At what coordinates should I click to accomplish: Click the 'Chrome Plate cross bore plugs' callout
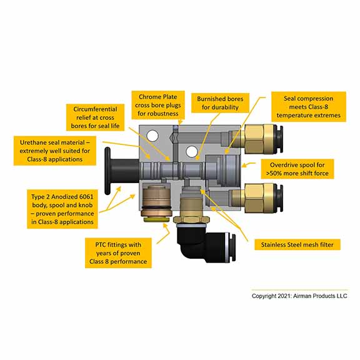[158, 105]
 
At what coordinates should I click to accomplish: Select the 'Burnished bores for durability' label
[220, 103]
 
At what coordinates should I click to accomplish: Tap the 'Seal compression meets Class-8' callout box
[309, 107]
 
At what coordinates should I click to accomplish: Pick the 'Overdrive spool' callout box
[297, 169]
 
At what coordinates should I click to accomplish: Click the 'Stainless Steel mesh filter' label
[297, 245]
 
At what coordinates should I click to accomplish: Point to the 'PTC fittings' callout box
[118, 253]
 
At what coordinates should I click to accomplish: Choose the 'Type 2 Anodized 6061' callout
[62, 209]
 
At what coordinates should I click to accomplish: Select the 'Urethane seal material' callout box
[55, 151]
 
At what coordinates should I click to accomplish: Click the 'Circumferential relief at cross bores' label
[95, 117]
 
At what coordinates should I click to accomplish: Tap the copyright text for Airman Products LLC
[299, 296]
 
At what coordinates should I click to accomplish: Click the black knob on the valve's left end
[121, 171]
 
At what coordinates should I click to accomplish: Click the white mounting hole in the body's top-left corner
[152, 136]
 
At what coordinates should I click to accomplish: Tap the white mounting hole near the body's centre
[192, 152]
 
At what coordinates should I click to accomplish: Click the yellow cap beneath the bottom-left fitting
[156, 220]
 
